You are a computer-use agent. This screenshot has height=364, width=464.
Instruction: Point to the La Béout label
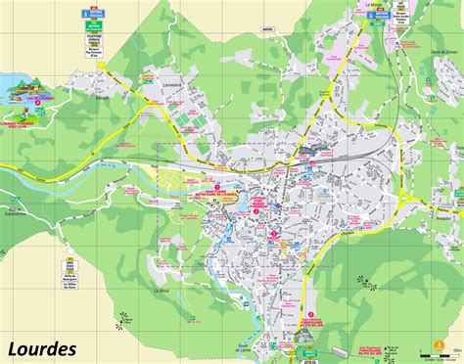click(x=162, y=290)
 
